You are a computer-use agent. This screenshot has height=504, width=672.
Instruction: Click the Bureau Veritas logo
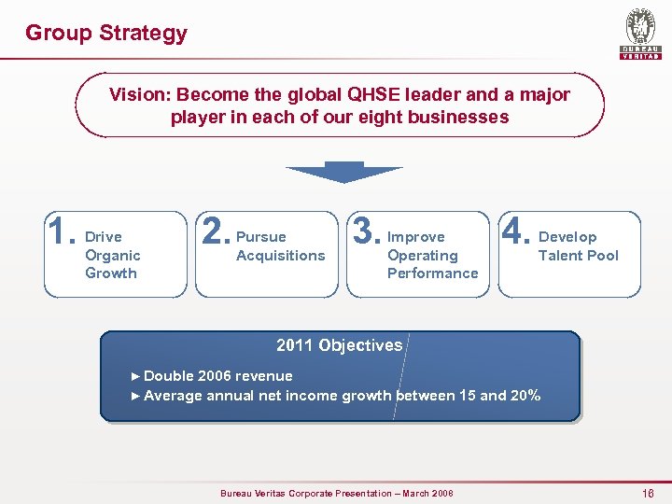coord(640,34)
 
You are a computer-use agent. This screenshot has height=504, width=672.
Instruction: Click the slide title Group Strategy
coord(105,33)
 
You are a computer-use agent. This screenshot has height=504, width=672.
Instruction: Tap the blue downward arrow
coord(343,173)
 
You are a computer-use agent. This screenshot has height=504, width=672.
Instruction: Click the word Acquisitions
coord(281,255)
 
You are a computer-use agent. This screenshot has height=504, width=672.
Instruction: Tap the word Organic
coord(112,255)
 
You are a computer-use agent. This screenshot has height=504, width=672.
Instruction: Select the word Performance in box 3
coord(432,273)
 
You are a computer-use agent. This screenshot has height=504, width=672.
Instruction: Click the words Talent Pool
coord(578,255)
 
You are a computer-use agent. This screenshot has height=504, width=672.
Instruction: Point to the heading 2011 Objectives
coord(339,345)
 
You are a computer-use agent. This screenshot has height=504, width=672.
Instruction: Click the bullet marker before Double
coord(136,376)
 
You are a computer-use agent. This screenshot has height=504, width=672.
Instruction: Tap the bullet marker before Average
coord(136,396)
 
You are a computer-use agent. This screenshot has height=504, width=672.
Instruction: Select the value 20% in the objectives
coord(525,395)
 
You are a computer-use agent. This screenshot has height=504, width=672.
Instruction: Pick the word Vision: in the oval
coord(139,94)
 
